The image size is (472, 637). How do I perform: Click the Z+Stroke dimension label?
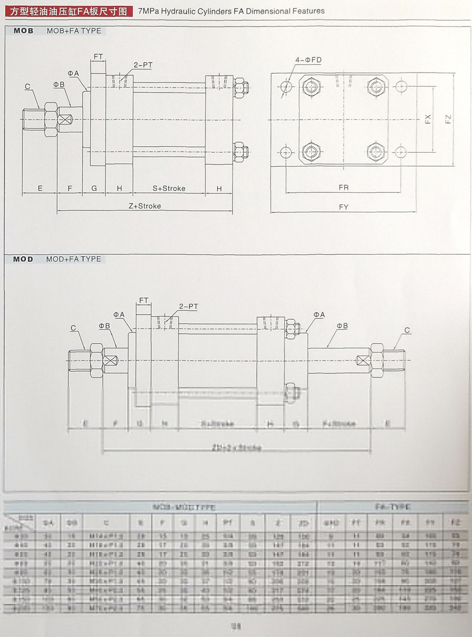coord(145,206)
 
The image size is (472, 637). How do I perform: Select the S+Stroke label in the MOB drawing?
coord(169,188)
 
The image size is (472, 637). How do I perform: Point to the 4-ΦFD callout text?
coord(309,60)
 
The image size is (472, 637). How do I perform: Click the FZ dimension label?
coord(448,119)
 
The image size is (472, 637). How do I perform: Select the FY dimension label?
coord(343,207)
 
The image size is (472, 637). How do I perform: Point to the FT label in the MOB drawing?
coord(98,57)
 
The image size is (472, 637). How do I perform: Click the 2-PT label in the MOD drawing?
coord(188,306)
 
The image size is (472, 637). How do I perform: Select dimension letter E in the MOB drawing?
coord(40,188)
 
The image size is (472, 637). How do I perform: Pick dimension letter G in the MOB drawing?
coord(94,188)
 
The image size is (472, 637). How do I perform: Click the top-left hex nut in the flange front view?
coord(310,87)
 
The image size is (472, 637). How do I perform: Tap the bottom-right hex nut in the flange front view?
coord(375,151)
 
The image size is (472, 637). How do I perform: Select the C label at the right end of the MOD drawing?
coord(407,330)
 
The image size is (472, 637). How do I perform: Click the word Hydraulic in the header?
coord(177,11)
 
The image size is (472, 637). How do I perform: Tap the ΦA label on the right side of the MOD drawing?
coord(319,315)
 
